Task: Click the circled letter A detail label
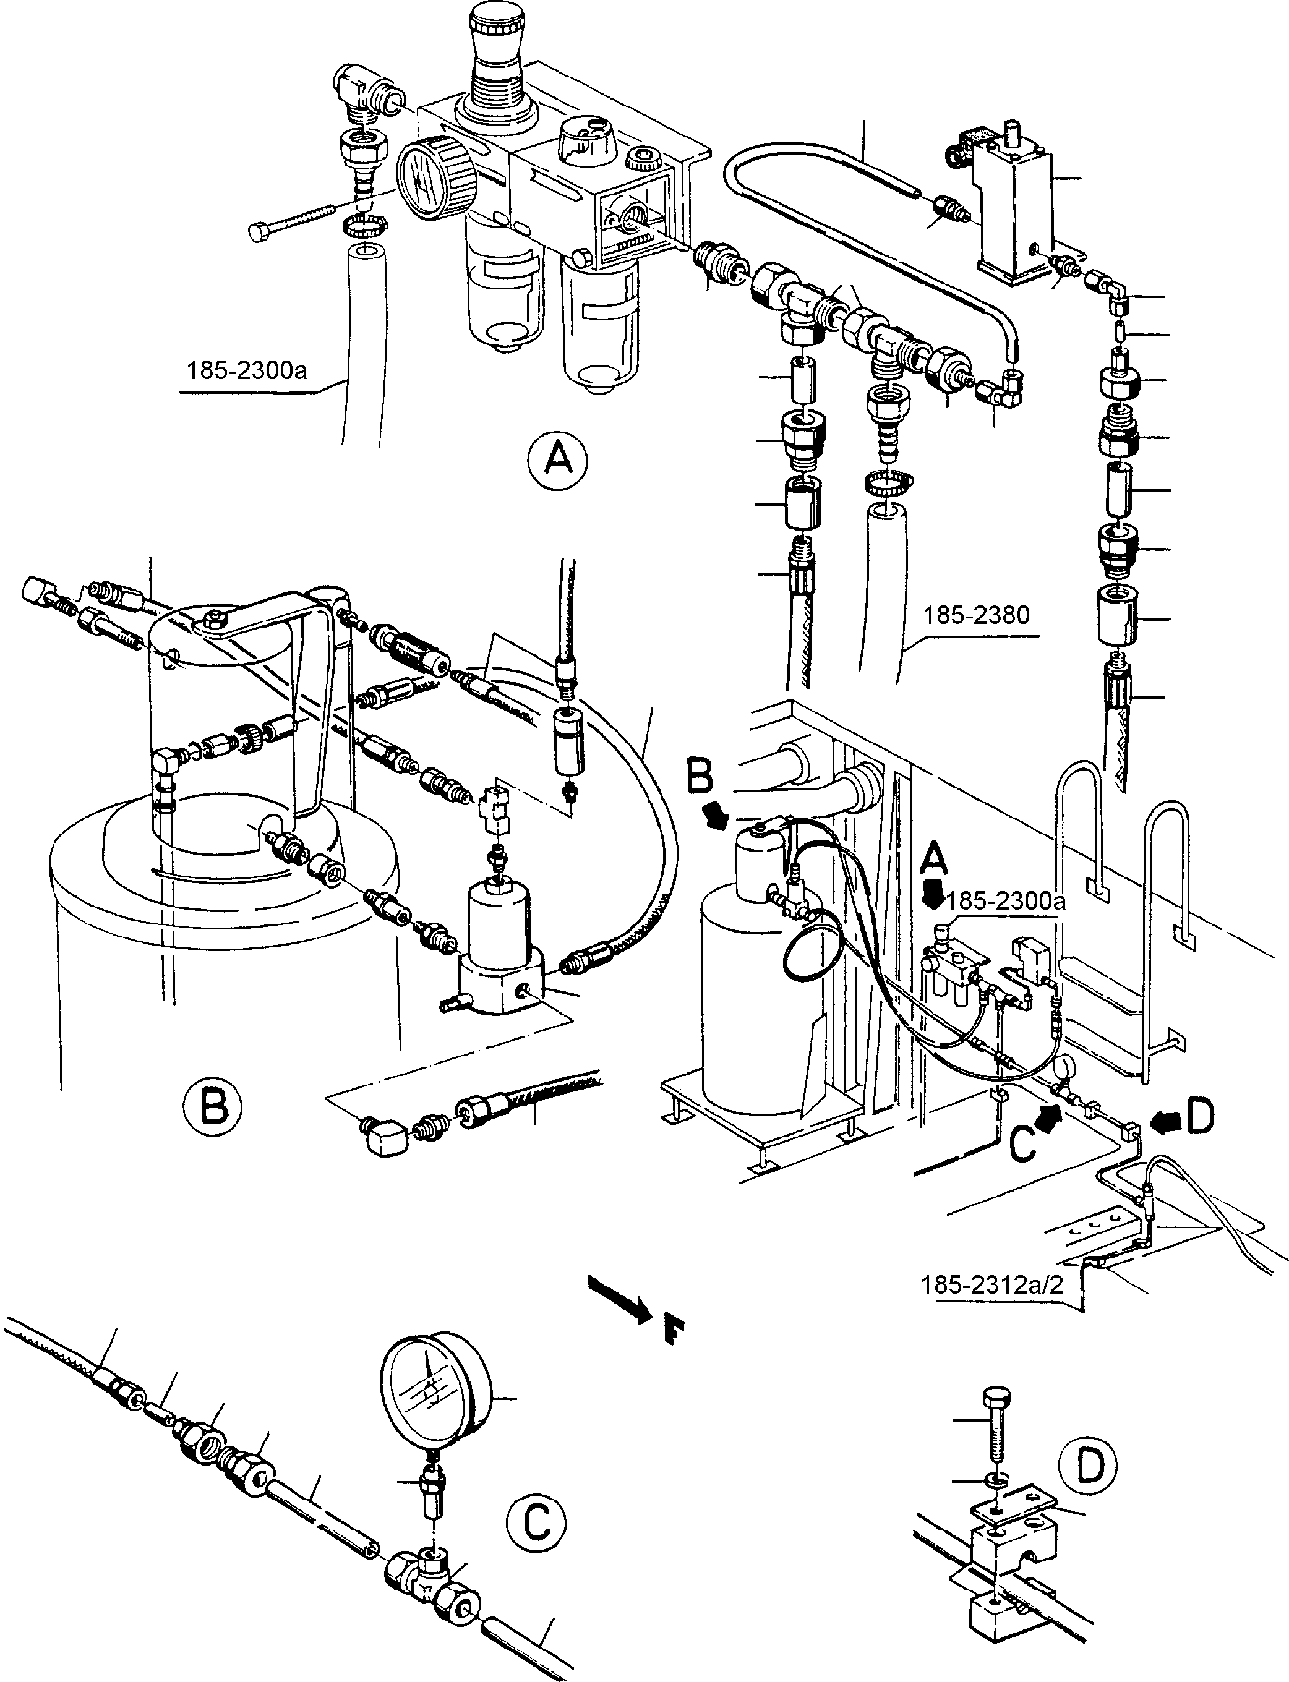558,459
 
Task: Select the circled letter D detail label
1087,1465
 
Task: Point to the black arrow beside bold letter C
1051,1117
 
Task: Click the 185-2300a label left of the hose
246,370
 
